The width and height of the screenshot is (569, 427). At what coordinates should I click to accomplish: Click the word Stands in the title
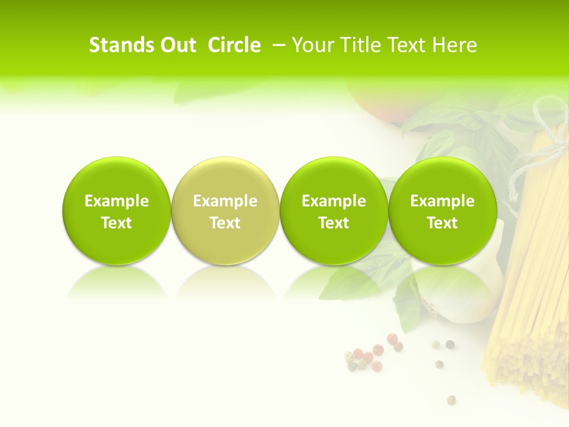(x=121, y=45)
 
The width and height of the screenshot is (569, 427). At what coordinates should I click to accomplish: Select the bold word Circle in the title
(x=234, y=45)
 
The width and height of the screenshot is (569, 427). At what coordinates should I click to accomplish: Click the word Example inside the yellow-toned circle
(x=225, y=201)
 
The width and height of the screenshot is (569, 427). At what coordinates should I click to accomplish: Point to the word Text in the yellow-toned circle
(x=225, y=223)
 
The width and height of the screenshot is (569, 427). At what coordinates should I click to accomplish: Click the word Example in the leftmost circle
(x=117, y=201)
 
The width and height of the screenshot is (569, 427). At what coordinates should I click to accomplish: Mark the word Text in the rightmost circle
(x=442, y=223)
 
